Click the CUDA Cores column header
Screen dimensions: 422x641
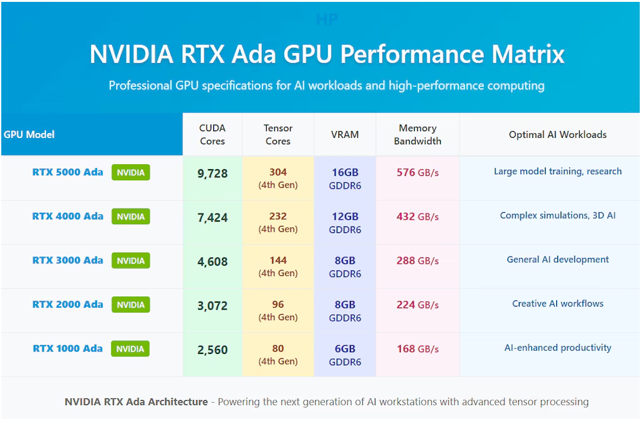212,134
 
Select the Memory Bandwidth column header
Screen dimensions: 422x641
417,134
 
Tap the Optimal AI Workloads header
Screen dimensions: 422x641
557,134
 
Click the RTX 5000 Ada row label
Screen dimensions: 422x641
67,172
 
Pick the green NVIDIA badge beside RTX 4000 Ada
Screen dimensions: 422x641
130,217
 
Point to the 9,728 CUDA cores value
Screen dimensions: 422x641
212,174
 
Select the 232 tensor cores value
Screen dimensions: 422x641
278,216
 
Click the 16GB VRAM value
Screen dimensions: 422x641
345,172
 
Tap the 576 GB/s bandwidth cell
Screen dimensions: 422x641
417,172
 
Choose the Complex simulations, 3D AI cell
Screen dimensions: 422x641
557,215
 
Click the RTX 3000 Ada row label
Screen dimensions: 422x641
67,260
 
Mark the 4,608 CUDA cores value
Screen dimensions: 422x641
212,262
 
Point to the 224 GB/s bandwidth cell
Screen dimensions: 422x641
417,305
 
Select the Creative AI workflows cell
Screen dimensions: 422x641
557,303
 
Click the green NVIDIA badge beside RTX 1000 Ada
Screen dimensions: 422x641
130,349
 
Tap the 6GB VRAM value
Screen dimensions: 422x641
345,348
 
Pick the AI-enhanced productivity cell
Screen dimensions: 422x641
557,348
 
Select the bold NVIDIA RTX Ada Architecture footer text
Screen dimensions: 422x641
136,401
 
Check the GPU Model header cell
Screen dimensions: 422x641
29,134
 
